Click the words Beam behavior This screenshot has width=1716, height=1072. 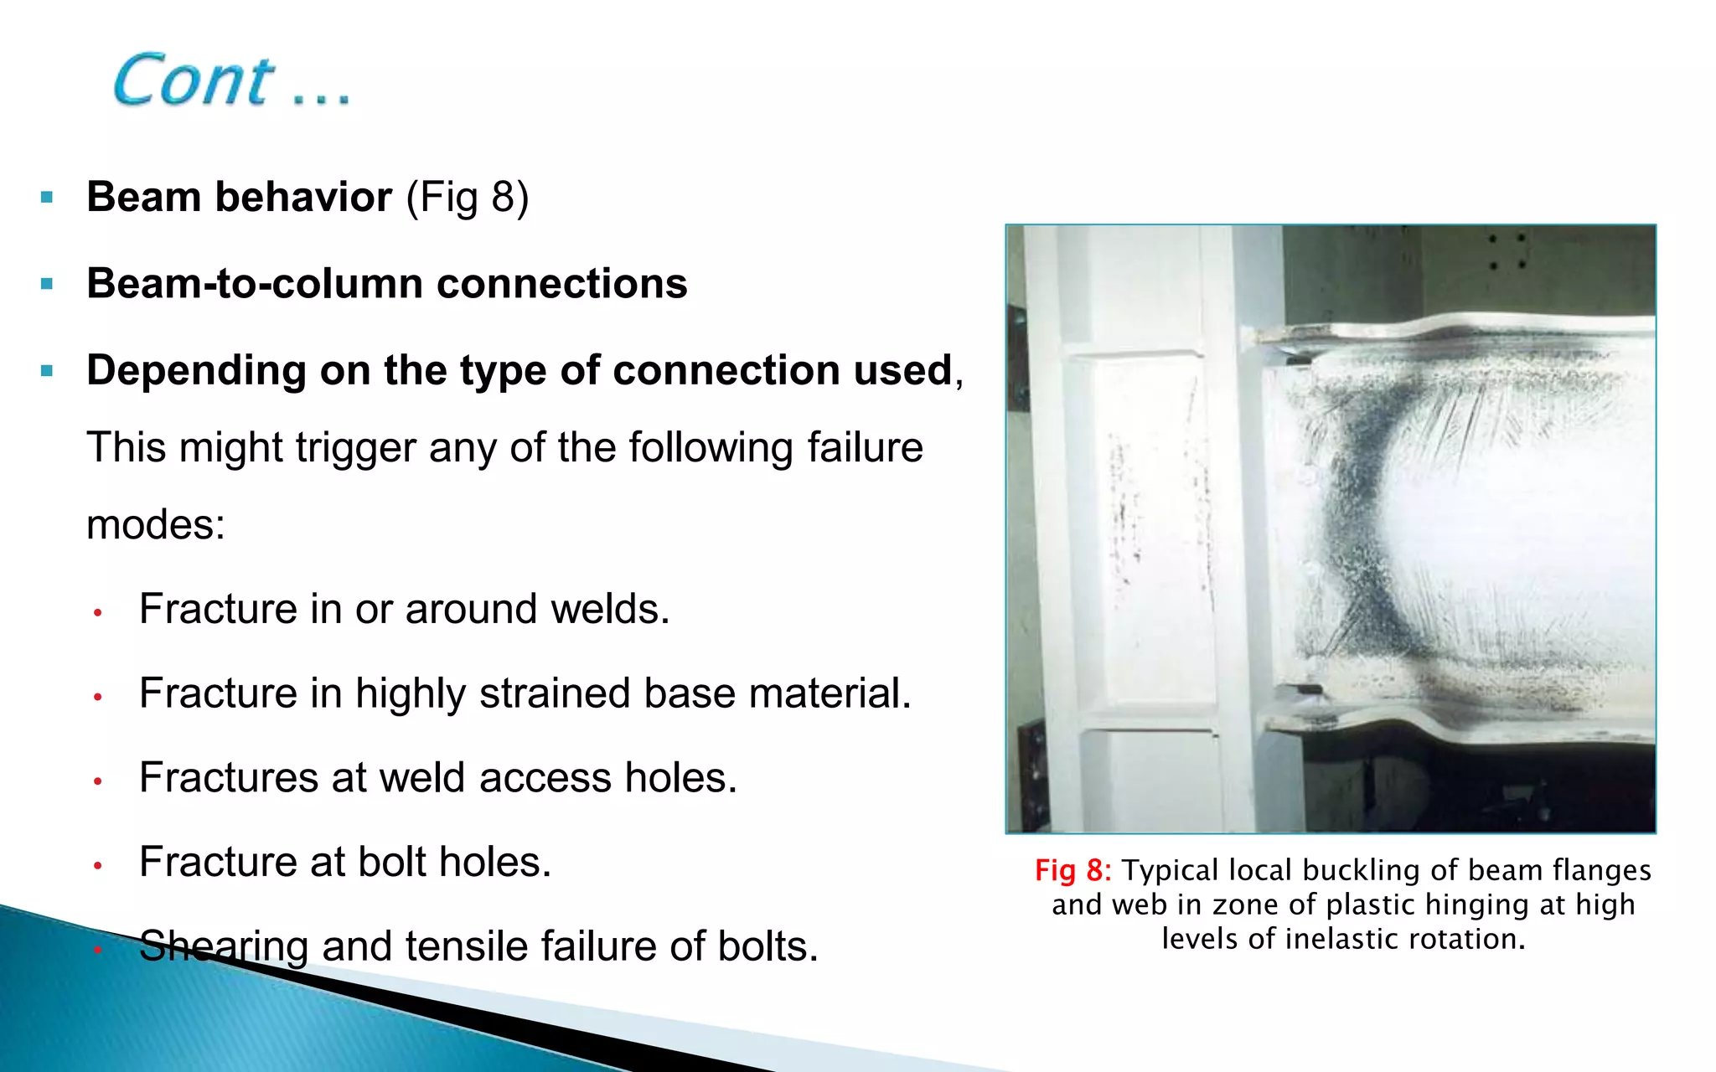239,197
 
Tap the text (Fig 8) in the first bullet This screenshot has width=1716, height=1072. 468,197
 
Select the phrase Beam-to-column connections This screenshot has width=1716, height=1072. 386,283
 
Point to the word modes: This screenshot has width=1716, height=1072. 156,525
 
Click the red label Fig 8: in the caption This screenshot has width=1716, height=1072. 1072,871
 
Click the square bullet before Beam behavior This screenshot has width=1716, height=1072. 47,198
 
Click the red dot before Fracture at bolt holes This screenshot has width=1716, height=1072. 98,865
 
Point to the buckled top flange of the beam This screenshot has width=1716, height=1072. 1450,328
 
